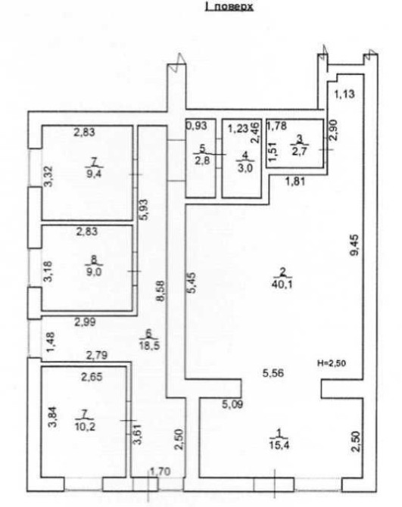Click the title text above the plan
[x=229, y=7]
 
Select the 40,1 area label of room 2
[x=283, y=285]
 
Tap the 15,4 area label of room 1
[x=279, y=446]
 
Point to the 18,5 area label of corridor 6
[x=149, y=344]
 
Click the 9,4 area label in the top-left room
[x=94, y=174]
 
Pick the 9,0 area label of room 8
[x=94, y=272]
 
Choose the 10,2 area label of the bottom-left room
[x=85, y=427]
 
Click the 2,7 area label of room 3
[x=300, y=151]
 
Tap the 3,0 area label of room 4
[x=245, y=169]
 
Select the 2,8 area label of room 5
[x=202, y=160]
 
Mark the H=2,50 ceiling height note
[x=332, y=363]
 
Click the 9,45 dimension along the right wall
[x=354, y=245]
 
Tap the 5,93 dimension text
[x=144, y=210]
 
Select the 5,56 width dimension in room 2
[x=273, y=373]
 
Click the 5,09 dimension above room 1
[x=232, y=404]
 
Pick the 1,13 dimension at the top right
[x=344, y=94]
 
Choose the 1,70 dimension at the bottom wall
[x=160, y=471]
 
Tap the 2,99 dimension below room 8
[x=85, y=322]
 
